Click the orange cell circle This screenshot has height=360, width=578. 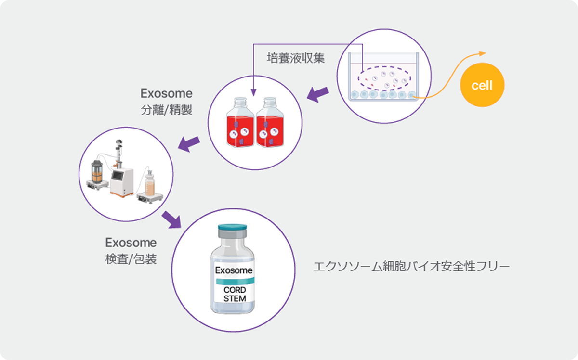click(482, 86)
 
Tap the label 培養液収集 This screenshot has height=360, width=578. click(296, 58)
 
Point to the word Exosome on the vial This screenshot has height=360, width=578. click(233, 270)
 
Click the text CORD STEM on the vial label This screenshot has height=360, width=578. click(235, 294)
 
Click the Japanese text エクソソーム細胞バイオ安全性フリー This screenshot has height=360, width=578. click(411, 266)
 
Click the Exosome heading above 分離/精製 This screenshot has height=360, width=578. click(166, 93)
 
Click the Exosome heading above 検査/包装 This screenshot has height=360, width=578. click(131, 242)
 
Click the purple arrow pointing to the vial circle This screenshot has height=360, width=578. click(171, 219)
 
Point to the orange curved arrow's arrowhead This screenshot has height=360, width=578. click(484, 53)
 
